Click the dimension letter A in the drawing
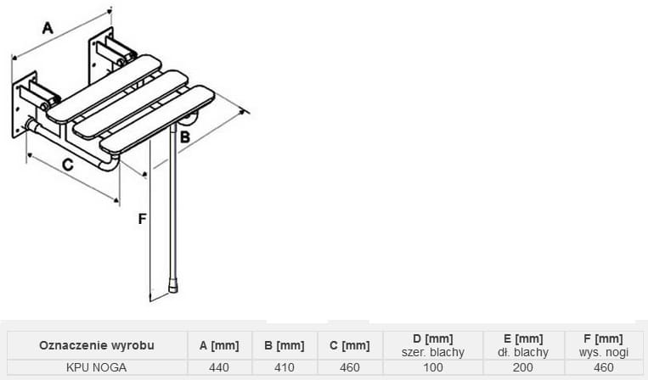48,28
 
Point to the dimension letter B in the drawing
185,137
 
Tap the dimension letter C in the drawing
68,165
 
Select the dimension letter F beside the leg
142,219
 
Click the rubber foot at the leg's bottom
173,286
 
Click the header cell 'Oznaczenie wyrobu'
97,345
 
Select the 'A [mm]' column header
219,345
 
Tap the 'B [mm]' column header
285,345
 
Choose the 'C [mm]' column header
350,345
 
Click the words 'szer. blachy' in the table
432,352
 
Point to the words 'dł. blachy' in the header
523,352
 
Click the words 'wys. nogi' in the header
603,352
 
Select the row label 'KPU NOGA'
96,367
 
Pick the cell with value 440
219,367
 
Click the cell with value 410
285,367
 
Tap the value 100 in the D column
432,367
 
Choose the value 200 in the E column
523,367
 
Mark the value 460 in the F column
603,367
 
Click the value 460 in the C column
350,367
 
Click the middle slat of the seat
131,104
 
